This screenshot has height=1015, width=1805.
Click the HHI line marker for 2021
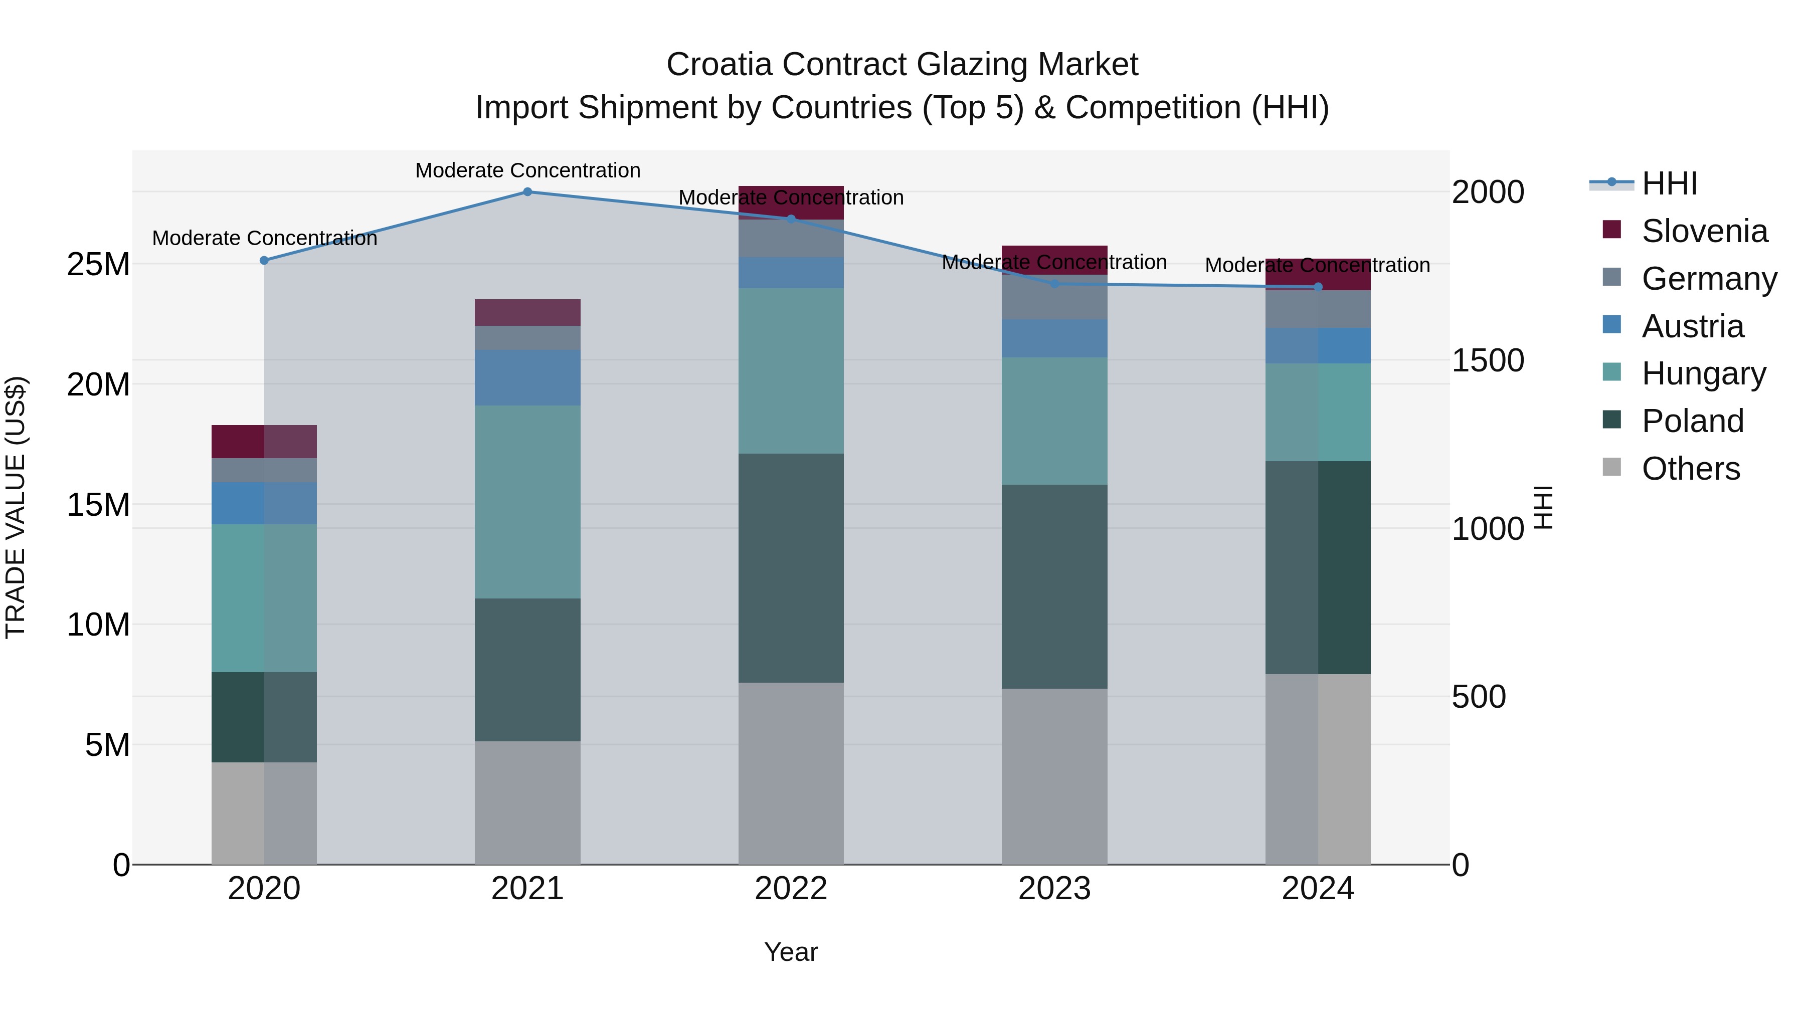pos(527,192)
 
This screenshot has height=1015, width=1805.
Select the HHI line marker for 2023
pos(1054,284)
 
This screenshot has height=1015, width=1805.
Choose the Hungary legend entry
pos(1703,373)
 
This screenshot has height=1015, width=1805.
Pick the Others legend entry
pos(1690,469)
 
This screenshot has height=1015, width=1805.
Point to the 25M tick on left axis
pos(98,265)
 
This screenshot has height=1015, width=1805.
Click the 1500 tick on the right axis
pos(1487,361)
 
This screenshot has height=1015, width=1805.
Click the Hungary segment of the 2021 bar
pos(527,502)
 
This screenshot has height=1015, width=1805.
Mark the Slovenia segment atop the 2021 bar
pos(527,312)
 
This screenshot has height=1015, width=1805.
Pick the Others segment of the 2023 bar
pos(1054,776)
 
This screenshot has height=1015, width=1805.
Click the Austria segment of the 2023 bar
pos(1054,338)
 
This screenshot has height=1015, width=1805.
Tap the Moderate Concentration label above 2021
pos(527,170)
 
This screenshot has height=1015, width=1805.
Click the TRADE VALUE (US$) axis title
pos(16,507)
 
